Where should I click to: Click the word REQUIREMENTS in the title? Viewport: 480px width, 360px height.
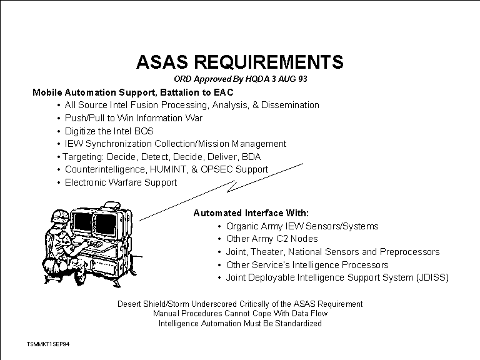[x=269, y=62]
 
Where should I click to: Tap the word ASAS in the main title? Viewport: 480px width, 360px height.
[x=162, y=62]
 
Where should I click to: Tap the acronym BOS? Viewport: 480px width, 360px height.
[x=144, y=131]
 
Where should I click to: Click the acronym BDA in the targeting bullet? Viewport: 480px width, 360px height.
[x=251, y=157]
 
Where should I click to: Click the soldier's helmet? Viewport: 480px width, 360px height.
[x=60, y=216]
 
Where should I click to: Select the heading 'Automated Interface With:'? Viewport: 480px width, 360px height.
[x=251, y=213]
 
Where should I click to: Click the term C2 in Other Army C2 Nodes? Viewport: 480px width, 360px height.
[x=283, y=239]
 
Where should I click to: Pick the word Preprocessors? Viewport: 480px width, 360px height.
[x=409, y=252]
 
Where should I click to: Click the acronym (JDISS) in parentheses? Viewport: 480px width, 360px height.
[x=432, y=277]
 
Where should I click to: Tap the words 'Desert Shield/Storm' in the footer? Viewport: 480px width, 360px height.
[x=153, y=304]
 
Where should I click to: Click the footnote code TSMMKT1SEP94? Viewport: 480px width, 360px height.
[x=48, y=344]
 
